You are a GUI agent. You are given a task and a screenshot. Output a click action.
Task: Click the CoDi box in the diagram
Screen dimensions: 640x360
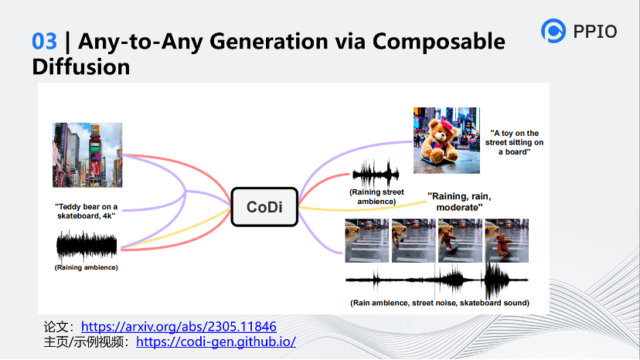(264, 207)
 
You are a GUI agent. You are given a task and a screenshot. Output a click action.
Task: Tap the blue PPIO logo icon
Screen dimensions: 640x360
(553, 31)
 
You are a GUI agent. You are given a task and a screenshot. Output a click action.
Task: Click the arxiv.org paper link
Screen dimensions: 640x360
(179, 327)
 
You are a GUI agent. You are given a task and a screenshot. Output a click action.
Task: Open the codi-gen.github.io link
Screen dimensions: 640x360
(216, 341)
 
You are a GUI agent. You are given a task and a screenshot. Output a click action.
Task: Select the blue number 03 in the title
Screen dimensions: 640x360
(45, 41)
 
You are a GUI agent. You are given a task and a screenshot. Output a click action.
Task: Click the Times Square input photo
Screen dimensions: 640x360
(87, 155)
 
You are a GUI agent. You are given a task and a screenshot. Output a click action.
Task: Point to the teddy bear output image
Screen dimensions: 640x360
(447, 141)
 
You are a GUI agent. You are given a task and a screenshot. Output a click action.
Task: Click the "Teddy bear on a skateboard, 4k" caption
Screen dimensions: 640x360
(86, 211)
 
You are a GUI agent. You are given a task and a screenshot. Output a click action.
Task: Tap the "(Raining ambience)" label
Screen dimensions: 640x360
(86, 267)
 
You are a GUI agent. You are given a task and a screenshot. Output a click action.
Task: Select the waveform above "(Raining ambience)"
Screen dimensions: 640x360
(87, 246)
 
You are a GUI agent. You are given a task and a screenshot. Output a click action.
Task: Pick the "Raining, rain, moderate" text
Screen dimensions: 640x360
(459, 202)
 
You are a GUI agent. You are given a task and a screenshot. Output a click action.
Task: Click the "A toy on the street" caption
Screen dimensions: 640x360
(514, 142)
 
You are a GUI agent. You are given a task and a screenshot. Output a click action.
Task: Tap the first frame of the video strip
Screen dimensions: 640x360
(367, 240)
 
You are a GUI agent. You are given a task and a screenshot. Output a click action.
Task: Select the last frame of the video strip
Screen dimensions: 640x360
(506, 240)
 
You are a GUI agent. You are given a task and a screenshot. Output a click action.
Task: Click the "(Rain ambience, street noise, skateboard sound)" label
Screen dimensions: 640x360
(440, 303)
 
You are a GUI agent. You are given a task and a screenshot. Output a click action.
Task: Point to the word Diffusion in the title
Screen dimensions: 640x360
(81, 67)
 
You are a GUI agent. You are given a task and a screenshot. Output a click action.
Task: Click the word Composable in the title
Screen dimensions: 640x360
(439, 42)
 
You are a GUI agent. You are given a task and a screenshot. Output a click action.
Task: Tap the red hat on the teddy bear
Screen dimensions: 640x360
(448, 124)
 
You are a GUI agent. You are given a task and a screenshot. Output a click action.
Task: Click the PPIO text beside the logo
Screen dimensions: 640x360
(595, 32)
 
